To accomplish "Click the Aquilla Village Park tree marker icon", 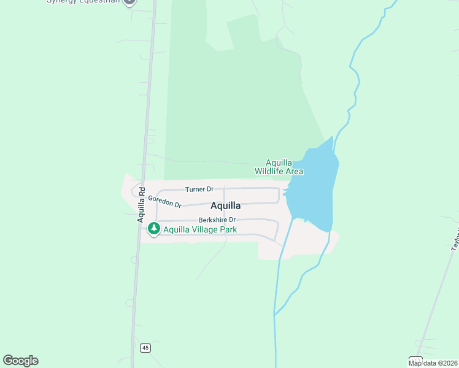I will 153,229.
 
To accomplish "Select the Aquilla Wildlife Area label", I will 279,167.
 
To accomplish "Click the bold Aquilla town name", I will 226,205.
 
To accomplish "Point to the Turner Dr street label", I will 199,190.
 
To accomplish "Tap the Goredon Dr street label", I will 164,201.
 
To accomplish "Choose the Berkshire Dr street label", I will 217,220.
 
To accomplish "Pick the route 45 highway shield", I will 145,348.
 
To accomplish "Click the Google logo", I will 21,361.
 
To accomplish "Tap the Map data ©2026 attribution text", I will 433,363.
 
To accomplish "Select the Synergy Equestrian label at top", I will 83,2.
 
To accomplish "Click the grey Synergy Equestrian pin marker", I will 129,2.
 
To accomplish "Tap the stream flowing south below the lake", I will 277,294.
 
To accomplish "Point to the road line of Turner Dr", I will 245,188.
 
